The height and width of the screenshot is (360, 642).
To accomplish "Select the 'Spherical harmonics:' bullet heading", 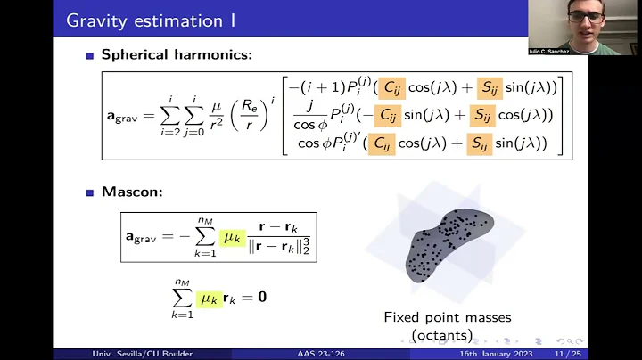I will click(177, 54).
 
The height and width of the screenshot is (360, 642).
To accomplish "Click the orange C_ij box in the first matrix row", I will click(391, 87).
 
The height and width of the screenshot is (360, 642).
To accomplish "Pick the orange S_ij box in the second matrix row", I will click(478, 115).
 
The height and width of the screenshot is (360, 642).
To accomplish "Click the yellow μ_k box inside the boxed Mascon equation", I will click(232, 237).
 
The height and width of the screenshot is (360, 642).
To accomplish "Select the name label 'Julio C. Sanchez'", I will click(549, 51).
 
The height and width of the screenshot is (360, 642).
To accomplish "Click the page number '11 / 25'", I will click(566, 354).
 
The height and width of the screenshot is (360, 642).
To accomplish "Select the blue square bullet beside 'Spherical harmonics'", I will click(91, 55).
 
